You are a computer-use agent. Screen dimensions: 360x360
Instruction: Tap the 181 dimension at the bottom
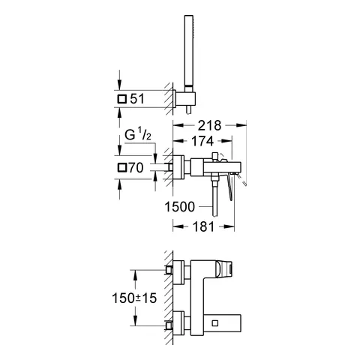tap(205, 223)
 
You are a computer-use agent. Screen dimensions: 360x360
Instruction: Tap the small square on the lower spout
tap(217, 323)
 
